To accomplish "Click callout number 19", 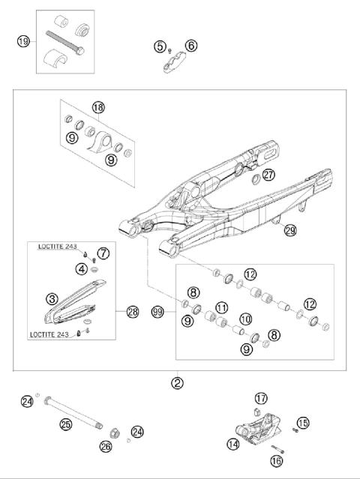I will click(23, 41).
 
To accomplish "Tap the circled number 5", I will click(160, 46).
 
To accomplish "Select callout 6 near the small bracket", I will click(191, 46).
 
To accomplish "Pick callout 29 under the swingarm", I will click(289, 231).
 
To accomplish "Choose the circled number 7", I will click(103, 253).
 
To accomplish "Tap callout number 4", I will click(80, 268).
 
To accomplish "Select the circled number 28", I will click(133, 311).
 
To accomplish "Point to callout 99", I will click(157, 310).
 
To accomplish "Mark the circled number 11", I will click(220, 308).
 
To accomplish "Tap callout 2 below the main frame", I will click(177, 382).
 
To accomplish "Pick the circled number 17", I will click(260, 398).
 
